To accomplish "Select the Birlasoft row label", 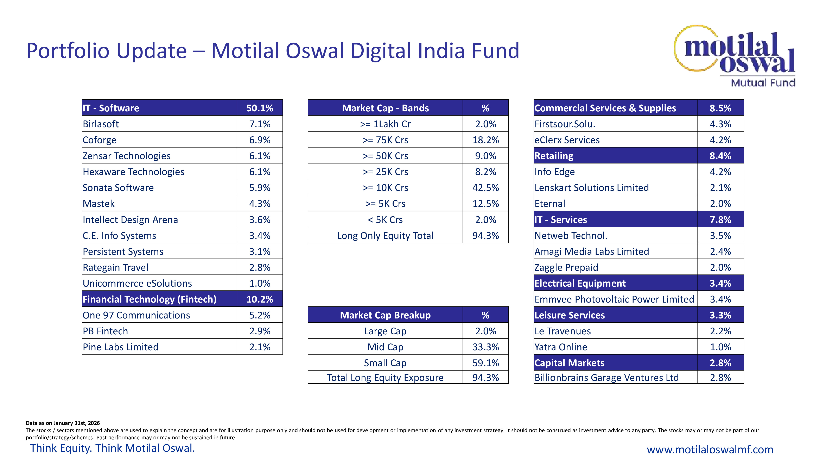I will click(x=101, y=124).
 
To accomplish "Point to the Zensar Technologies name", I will click(x=126, y=156).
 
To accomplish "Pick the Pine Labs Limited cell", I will click(x=121, y=347).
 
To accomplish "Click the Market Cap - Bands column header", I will click(x=385, y=108).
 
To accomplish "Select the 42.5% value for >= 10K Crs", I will click(x=485, y=188).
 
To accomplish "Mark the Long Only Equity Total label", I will click(x=385, y=236).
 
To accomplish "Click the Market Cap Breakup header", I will click(x=385, y=315).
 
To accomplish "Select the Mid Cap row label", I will click(x=385, y=347).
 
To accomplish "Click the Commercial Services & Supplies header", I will click(x=605, y=108).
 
